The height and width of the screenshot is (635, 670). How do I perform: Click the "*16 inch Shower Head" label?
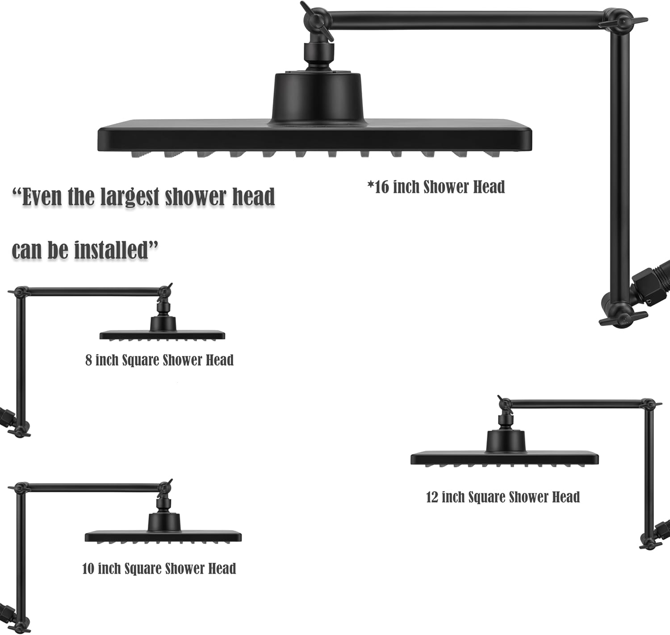[x=436, y=187]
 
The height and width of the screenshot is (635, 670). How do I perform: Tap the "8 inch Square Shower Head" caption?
[x=159, y=360]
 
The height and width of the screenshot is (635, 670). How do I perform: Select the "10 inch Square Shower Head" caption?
[x=159, y=568]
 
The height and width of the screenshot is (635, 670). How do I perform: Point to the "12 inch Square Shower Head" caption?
[x=503, y=497]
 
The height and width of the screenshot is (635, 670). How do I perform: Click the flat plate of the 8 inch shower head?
[x=162, y=335]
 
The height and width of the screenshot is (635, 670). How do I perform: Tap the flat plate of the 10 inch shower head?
[x=163, y=536]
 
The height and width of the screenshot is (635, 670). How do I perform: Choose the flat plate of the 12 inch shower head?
[x=504, y=458]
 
